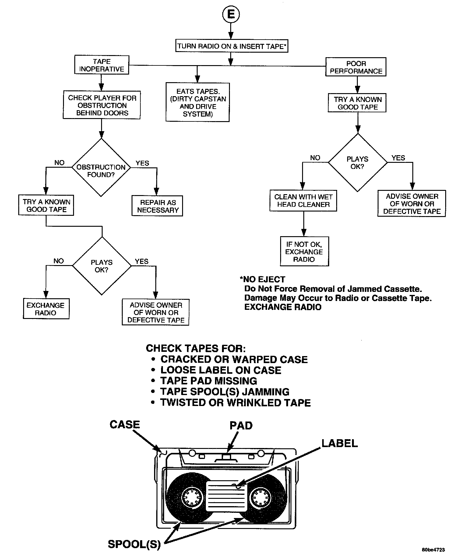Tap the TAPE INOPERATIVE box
coord(101,65)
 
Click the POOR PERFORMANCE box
coord(356,67)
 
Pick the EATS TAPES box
coord(198,103)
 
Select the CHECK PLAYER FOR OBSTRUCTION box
coord(102,105)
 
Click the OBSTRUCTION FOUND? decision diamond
coord(101,168)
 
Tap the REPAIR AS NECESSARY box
coord(157,206)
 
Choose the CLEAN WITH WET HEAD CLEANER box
coord(303,201)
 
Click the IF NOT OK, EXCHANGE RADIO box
coord(304,252)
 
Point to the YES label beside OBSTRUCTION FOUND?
coord(142,163)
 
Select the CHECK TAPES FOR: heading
coord(196,348)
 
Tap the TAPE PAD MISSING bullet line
coord(209,381)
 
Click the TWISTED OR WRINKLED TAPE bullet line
coord(235,402)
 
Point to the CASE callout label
coord(125,425)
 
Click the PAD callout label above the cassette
coord(241,425)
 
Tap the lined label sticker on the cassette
coord(226,496)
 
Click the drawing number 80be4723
coord(433,550)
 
